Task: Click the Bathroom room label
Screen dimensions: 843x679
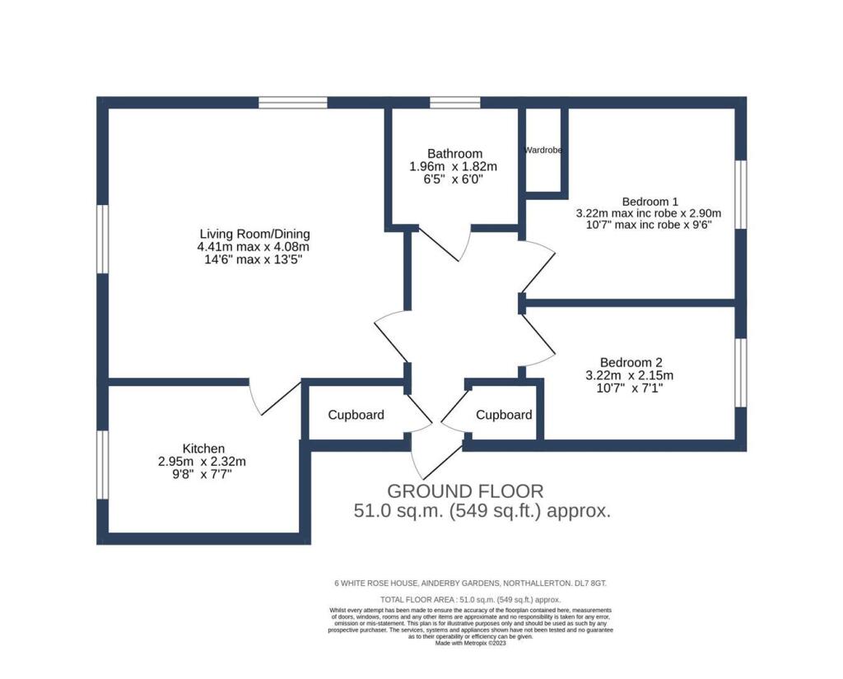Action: [x=454, y=154]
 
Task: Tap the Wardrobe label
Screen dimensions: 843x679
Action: [x=543, y=150]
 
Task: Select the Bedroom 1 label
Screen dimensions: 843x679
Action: [x=650, y=202]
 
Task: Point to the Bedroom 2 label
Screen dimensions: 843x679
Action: [x=631, y=362]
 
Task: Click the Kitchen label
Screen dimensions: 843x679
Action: [x=204, y=449]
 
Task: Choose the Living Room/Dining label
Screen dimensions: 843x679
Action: [x=255, y=234]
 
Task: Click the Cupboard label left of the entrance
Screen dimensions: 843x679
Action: [x=356, y=415]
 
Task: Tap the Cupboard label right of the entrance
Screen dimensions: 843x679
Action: [x=504, y=415]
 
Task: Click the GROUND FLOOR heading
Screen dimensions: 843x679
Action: [x=466, y=491]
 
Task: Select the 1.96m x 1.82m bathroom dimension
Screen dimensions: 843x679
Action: [x=454, y=166]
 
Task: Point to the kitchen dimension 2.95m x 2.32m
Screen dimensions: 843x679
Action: [x=203, y=461]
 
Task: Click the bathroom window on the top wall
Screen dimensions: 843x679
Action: [x=454, y=102]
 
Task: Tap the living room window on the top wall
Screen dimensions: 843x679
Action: [x=293, y=102]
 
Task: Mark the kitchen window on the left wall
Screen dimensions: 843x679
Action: [x=103, y=464]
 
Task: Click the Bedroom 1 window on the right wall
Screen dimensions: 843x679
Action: [x=741, y=194]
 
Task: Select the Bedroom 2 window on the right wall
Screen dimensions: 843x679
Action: [x=741, y=373]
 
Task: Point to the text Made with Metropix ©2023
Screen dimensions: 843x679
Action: [x=470, y=643]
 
